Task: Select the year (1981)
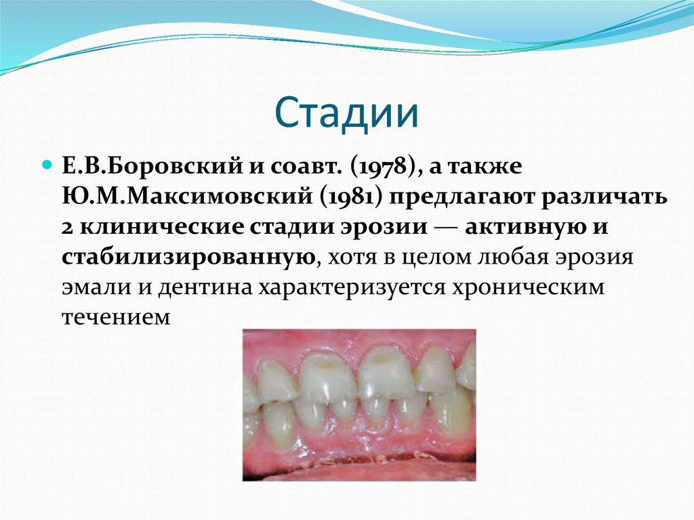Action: point(350,197)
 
